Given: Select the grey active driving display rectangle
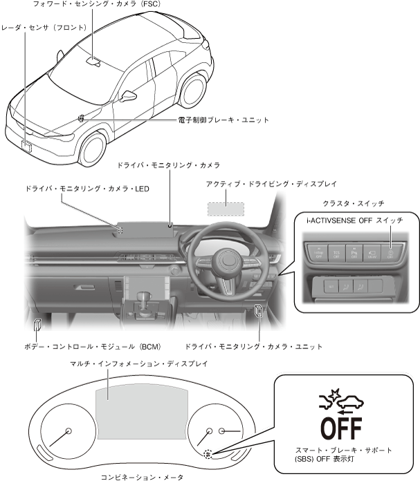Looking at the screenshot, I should (x=226, y=208).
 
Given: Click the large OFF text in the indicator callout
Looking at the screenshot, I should (x=341, y=427).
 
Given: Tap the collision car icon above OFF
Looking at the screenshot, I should (x=340, y=399).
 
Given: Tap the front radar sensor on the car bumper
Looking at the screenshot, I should (x=28, y=144).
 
